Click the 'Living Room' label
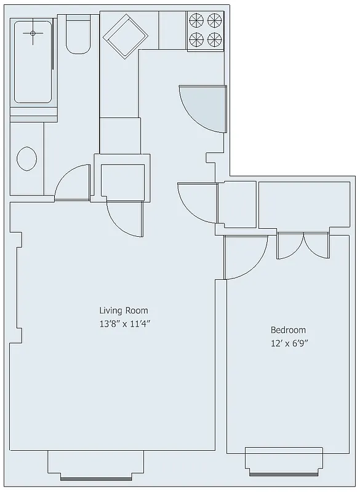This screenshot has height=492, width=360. click(x=124, y=311)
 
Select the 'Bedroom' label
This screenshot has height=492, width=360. click(x=288, y=330)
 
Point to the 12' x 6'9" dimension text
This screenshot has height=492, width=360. click(x=288, y=344)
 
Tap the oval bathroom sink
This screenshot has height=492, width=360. click(x=26, y=158)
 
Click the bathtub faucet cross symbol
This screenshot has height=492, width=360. click(x=33, y=34)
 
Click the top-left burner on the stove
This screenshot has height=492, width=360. click(x=196, y=20)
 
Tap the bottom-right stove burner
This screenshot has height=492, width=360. click(x=214, y=41)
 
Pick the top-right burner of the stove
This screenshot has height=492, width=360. click(x=214, y=20)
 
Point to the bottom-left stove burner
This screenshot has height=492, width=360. click(x=196, y=41)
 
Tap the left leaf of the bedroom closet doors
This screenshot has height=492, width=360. click(x=288, y=246)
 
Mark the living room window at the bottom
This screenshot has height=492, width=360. click(x=95, y=465)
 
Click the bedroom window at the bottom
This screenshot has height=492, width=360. click(x=284, y=461)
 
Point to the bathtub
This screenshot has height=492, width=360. click(x=33, y=61)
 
